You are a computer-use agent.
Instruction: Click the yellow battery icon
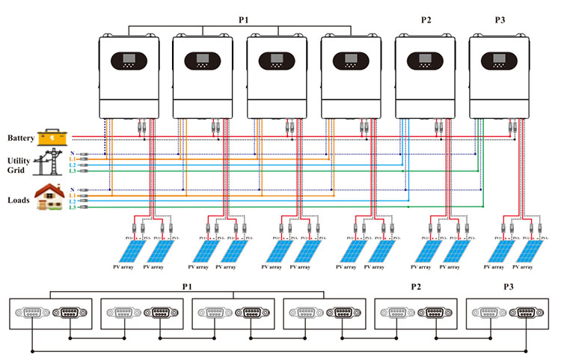coord(51,137)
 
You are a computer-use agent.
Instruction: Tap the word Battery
coord(20,138)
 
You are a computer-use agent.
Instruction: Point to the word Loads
coord(19,201)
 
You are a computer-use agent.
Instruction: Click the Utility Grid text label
coord(19,165)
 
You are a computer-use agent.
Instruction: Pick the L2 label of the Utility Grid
coord(73,165)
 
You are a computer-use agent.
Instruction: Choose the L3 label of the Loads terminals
coord(73,207)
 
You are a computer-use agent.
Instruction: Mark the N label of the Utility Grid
coord(72,153)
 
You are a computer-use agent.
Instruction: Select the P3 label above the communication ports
coord(509,287)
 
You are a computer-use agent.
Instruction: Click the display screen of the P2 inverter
coord(424,58)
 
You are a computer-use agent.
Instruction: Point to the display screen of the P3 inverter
coord(498,58)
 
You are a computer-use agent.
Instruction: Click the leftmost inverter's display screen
coord(129,58)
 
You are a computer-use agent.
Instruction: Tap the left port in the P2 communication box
coord(398,314)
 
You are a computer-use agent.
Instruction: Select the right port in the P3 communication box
coord(525,314)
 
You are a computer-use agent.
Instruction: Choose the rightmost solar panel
coord(536,250)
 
